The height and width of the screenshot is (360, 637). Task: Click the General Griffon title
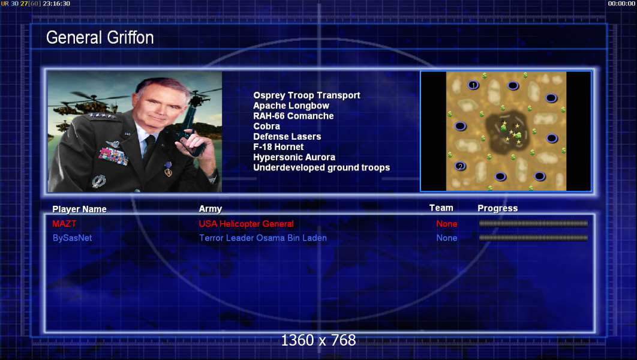[x=100, y=38]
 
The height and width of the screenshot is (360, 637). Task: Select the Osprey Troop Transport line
[x=307, y=95]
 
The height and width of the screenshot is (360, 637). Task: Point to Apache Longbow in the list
[x=292, y=106]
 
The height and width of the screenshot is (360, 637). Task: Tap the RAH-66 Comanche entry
[x=293, y=116]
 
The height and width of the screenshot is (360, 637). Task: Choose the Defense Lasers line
[x=287, y=137]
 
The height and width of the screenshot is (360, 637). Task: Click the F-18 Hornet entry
[x=278, y=146]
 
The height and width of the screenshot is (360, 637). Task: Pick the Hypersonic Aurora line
[x=294, y=157]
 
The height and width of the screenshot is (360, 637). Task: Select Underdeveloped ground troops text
[x=321, y=167]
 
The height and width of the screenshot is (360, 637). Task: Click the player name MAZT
[x=64, y=223]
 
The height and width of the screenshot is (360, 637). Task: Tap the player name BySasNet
[x=73, y=238]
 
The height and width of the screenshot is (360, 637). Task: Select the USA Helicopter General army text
[x=246, y=224]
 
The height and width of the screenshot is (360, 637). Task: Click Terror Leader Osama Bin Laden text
[x=263, y=238]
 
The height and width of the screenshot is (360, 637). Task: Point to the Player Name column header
[x=79, y=209]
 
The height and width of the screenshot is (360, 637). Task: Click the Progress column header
[x=498, y=208]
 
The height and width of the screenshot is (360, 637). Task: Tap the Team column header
[x=441, y=208]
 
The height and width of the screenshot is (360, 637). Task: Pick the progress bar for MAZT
[x=533, y=223]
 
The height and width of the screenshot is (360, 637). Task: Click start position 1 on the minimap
[x=473, y=85]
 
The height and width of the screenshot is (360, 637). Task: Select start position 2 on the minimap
[x=460, y=166]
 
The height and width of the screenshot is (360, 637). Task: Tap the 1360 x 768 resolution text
[x=318, y=340]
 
